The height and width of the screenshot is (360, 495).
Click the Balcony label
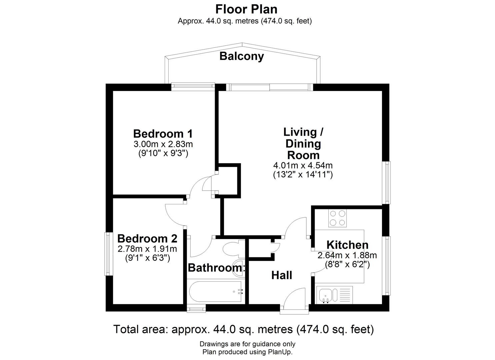(241, 56)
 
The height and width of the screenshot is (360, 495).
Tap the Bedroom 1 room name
(163, 134)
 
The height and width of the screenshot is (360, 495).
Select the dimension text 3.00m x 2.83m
(163, 144)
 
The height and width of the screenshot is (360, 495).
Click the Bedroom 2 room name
(147, 239)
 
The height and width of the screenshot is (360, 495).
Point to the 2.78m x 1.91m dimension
(147, 249)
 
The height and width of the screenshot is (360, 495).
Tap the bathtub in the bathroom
(215, 292)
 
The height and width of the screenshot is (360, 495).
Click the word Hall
(282, 275)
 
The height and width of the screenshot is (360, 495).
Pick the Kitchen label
(347, 245)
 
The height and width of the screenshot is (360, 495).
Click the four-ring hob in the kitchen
(337, 218)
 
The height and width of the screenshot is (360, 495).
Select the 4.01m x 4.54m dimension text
(303, 165)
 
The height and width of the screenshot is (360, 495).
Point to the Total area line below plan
(244, 329)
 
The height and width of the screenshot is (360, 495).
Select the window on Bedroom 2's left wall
(108, 254)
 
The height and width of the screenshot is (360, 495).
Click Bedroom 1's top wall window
(193, 86)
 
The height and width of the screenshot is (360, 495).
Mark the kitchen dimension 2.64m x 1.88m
(347, 256)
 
